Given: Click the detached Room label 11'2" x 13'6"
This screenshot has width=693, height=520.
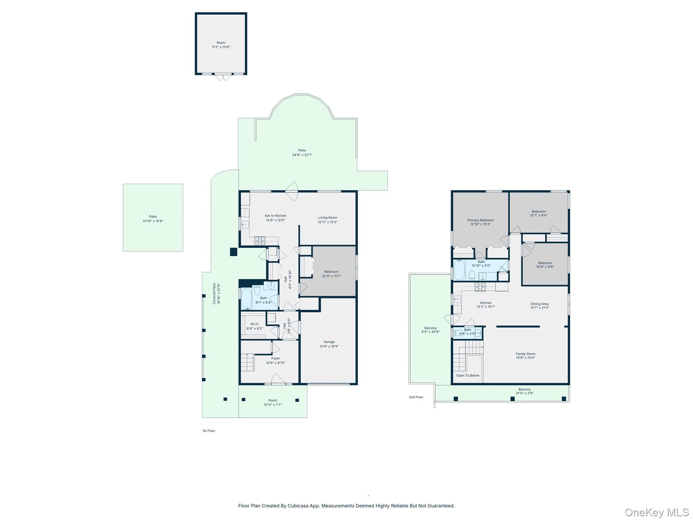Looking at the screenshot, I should coord(221,45).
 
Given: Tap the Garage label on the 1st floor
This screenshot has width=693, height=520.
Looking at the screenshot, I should coord(329,344).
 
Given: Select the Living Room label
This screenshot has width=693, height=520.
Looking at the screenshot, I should coord(328,220).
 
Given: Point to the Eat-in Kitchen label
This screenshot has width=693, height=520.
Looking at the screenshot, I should coord(275,218).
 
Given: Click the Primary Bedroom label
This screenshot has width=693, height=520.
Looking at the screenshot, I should coord(480,222).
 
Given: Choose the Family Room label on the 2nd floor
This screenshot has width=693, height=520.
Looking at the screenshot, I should coord(525,355).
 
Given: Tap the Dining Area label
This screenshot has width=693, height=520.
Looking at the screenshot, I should coord(539,306).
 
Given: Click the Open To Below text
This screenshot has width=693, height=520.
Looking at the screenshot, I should coord(467,375).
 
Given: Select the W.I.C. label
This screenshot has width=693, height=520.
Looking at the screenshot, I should coord(254,326).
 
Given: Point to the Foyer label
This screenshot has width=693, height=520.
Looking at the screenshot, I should coord(275,360).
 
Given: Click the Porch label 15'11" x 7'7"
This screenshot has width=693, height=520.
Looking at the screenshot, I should coord(272,403).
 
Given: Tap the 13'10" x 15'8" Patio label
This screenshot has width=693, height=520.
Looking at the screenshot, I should coord(153,219).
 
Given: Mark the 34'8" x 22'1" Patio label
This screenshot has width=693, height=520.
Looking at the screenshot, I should coord(302,152).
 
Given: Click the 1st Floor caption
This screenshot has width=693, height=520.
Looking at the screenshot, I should coord(209,431).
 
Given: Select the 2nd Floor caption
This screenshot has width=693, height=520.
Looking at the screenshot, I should coord(416,397).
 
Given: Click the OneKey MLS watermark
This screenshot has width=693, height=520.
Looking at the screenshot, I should coord(656,512).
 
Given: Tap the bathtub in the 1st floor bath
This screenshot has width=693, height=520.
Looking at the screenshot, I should coord(246,299).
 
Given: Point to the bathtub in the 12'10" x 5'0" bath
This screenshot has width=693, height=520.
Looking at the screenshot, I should coord(459,270).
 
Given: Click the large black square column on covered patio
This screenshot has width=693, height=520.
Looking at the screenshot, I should coord(233,252).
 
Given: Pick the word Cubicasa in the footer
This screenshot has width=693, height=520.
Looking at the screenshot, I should coord(297,506).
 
